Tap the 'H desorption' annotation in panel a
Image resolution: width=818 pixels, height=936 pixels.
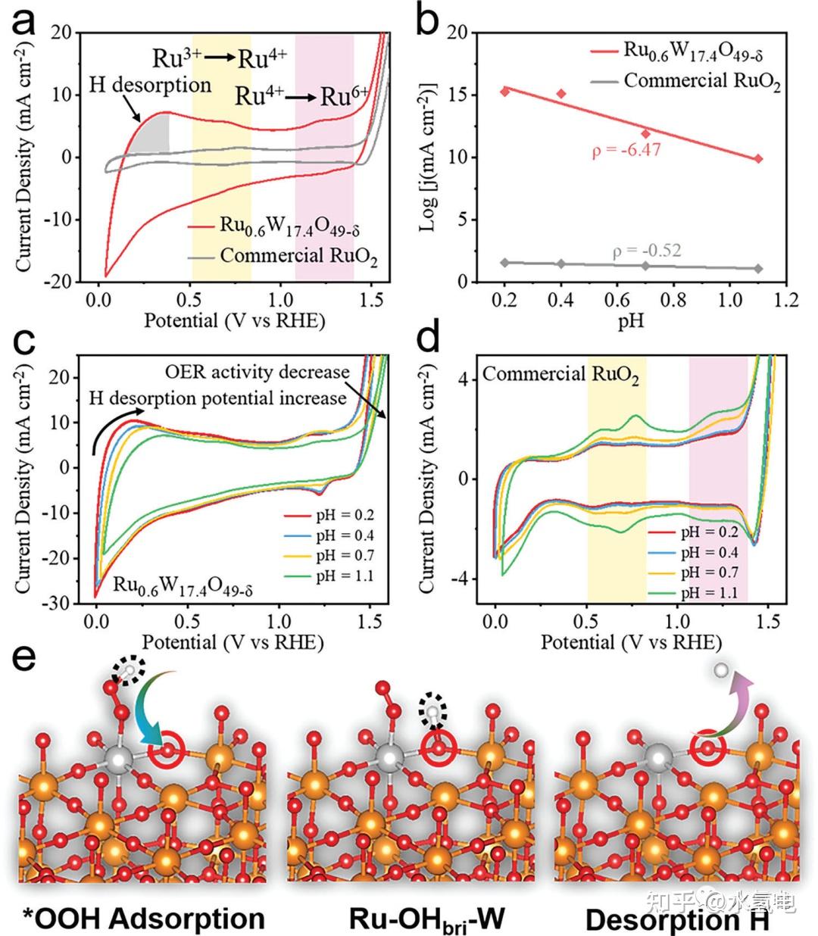[150, 84]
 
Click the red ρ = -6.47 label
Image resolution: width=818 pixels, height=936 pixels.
[626, 150]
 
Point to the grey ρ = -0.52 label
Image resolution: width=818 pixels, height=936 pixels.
[647, 249]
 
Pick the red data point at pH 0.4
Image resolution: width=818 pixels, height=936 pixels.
[561, 94]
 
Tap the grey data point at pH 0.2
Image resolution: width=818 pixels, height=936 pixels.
[505, 263]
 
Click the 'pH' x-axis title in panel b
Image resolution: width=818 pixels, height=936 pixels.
[631, 321]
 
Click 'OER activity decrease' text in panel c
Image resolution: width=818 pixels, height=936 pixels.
[258, 372]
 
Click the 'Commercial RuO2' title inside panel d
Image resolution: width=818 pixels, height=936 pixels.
[560, 374]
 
